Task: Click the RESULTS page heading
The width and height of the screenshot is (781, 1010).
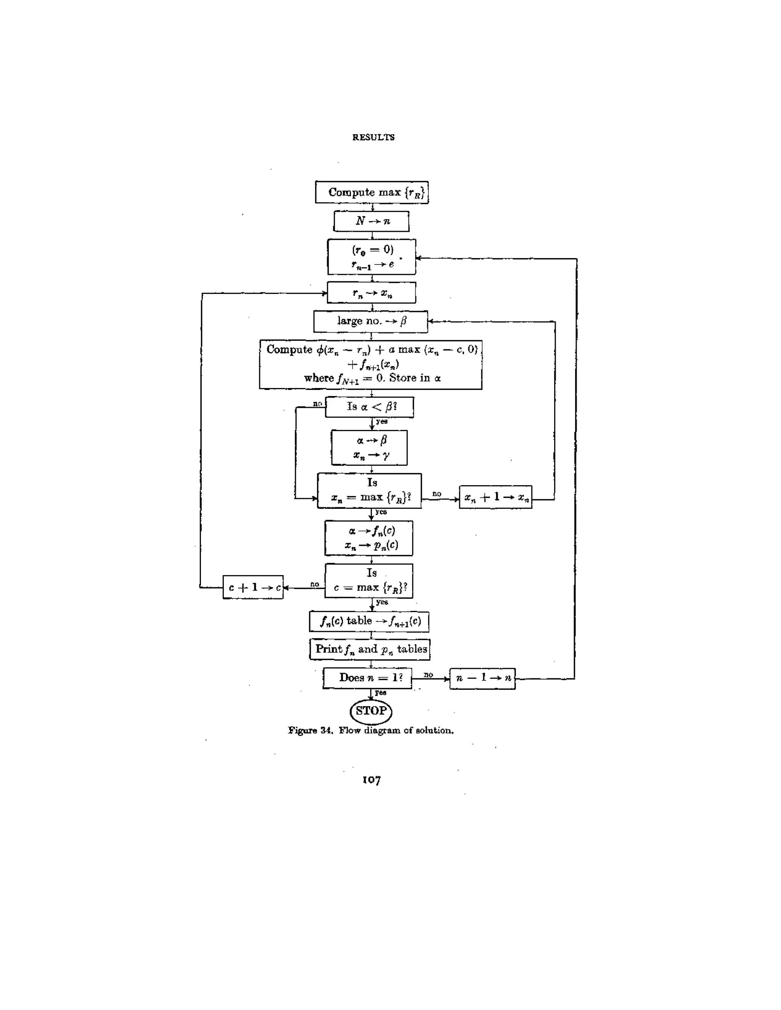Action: tap(373, 137)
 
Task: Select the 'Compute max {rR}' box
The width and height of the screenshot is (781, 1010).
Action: tap(371, 192)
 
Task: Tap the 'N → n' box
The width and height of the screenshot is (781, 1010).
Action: tap(371, 221)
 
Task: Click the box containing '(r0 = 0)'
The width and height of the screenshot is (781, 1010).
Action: tap(371, 257)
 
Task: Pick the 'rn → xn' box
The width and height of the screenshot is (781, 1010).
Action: tap(371, 293)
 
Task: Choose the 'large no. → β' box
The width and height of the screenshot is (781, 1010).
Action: tap(371, 321)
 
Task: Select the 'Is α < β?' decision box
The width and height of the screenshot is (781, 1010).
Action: tap(370, 407)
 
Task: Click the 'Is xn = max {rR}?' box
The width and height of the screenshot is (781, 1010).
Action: tap(370, 491)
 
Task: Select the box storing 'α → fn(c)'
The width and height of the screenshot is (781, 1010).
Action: tap(369, 538)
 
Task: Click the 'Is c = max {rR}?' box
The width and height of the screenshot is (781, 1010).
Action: tap(369, 581)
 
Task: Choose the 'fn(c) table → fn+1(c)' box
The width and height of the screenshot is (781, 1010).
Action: tap(369, 622)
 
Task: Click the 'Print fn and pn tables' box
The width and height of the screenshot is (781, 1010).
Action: tap(370, 649)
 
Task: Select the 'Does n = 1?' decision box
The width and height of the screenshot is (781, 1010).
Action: tap(367, 678)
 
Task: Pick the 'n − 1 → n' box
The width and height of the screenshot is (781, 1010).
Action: tap(482, 678)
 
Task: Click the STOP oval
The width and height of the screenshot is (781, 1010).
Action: tap(371, 711)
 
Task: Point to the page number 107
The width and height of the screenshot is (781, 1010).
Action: tap(371, 780)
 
